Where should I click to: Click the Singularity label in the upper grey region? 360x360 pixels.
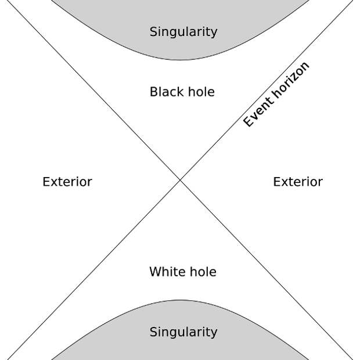[183, 32]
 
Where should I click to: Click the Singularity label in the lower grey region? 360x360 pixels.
[183, 332]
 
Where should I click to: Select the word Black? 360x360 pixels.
[167, 92]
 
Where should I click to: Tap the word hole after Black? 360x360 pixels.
[201, 92]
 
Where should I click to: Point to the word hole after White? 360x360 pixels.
[203, 272]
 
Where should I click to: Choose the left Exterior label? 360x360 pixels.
[67, 182]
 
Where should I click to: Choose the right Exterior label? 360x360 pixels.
[298, 182]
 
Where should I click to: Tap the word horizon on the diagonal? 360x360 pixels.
[291, 79]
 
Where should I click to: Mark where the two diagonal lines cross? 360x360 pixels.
[180, 181]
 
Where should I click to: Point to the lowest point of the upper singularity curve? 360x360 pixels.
[180, 60]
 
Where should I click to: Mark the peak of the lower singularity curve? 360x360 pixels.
[180, 300]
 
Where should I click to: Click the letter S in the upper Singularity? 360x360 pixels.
[154, 31]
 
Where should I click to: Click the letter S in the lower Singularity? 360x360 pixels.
[154, 332]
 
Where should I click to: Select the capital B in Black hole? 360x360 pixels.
[154, 92]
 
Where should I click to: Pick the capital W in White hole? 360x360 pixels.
[156, 272]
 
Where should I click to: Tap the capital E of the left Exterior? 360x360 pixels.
[46, 182]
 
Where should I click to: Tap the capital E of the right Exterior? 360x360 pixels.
[277, 182]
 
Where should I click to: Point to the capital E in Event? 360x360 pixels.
[248, 122]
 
